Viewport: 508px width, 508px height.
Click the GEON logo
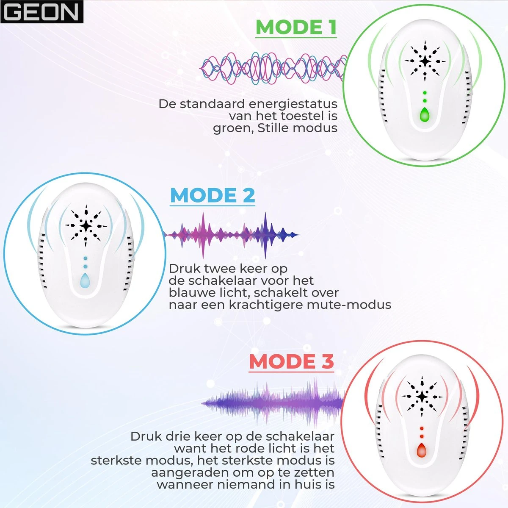pyautogui.click(x=41, y=11)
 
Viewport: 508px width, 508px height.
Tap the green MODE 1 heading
pyautogui.click(x=296, y=27)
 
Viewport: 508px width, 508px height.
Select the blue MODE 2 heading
pyautogui.click(x=213, y=195)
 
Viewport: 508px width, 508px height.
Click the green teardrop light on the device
pyautogui.click(x=425, y=115)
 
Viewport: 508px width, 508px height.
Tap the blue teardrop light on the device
pyautogui.click(x=85, y=280)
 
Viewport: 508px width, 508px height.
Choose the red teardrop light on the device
pyautogui.click(x=422, y=450)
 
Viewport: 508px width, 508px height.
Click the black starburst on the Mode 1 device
pyautogui.click(x=425, y=61)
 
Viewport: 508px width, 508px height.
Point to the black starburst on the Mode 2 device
pyautogui.click(x=86, y=226)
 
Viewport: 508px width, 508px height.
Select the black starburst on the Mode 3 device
pyautogui.click(x=422, y=397)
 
